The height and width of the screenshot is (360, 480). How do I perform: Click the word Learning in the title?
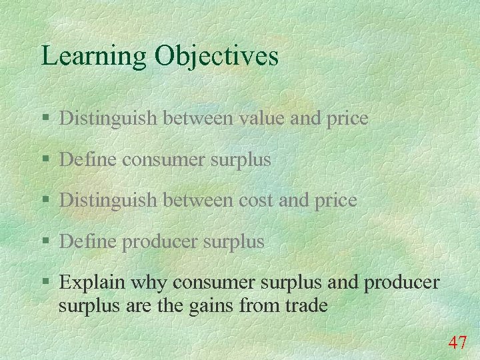click(x=94, y=56)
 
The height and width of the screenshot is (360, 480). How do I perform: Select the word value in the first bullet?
click(x=256, y=119)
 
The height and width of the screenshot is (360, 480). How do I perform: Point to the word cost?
click(x=256, y=200)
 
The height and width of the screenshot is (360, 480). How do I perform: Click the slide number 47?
click(x=457, y=343)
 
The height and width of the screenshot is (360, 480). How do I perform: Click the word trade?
click(x=305, y=306)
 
